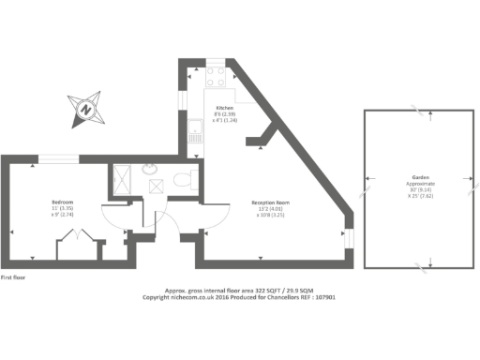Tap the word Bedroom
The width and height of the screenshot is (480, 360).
coord(63,201)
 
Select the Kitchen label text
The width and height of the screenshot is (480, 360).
coord(225,108)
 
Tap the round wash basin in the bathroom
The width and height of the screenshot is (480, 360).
coord(150,170)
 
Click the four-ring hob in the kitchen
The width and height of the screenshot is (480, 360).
coord(215,70)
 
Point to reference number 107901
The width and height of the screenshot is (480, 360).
coord(322,298)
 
